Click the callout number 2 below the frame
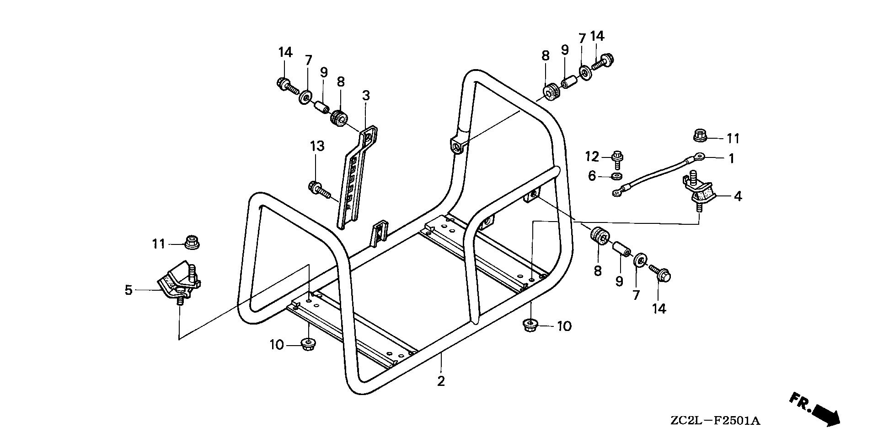tap(440, 381)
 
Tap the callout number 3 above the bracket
tap(366, 96)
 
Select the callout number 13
tap(317, 146)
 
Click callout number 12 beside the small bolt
tap(592, 157)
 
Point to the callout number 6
tap(592, 175)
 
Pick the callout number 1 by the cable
tap(731, 158)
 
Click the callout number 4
tap(737, 196)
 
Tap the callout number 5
tap(128, 290)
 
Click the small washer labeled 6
tap(616, 176)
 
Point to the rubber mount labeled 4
tap(698, 190)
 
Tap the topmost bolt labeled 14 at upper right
tap(605, 61)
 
